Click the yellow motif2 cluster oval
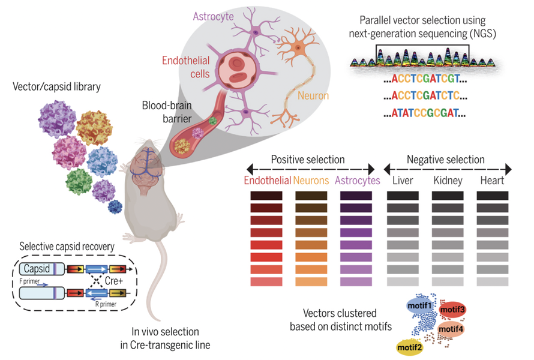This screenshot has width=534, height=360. coord(409,346)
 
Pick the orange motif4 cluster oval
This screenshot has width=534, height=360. coord(452,329)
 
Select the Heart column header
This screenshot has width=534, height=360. coord(492,180)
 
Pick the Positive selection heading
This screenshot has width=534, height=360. coord(308,160)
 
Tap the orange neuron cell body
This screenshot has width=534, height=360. coord(298,46)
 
